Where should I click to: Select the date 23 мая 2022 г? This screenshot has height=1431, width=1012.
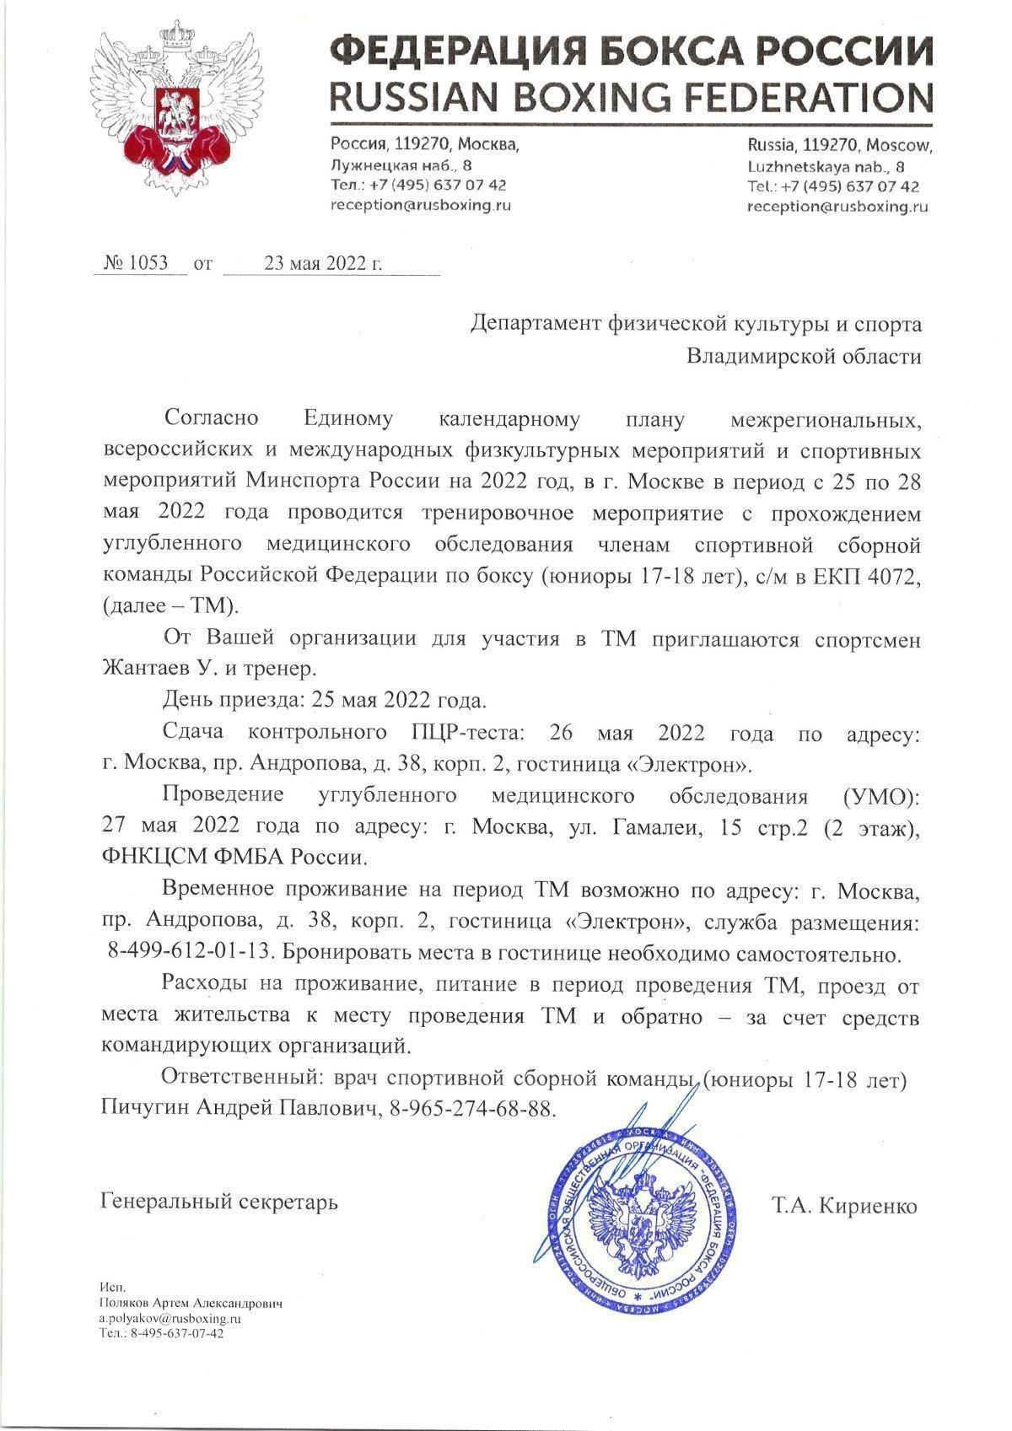(x=323, y=263)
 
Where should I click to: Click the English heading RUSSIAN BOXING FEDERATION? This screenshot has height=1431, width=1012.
(x=631, y=98)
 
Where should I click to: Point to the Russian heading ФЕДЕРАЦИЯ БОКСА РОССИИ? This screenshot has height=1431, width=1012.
(x=631, y=52)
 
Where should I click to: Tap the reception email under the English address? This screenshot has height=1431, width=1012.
(x=837, y=206)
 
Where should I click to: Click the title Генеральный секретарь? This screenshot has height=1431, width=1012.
(x=219, y=1201)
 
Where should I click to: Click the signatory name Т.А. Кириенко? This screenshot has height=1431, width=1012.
(x=842, y=1206)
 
